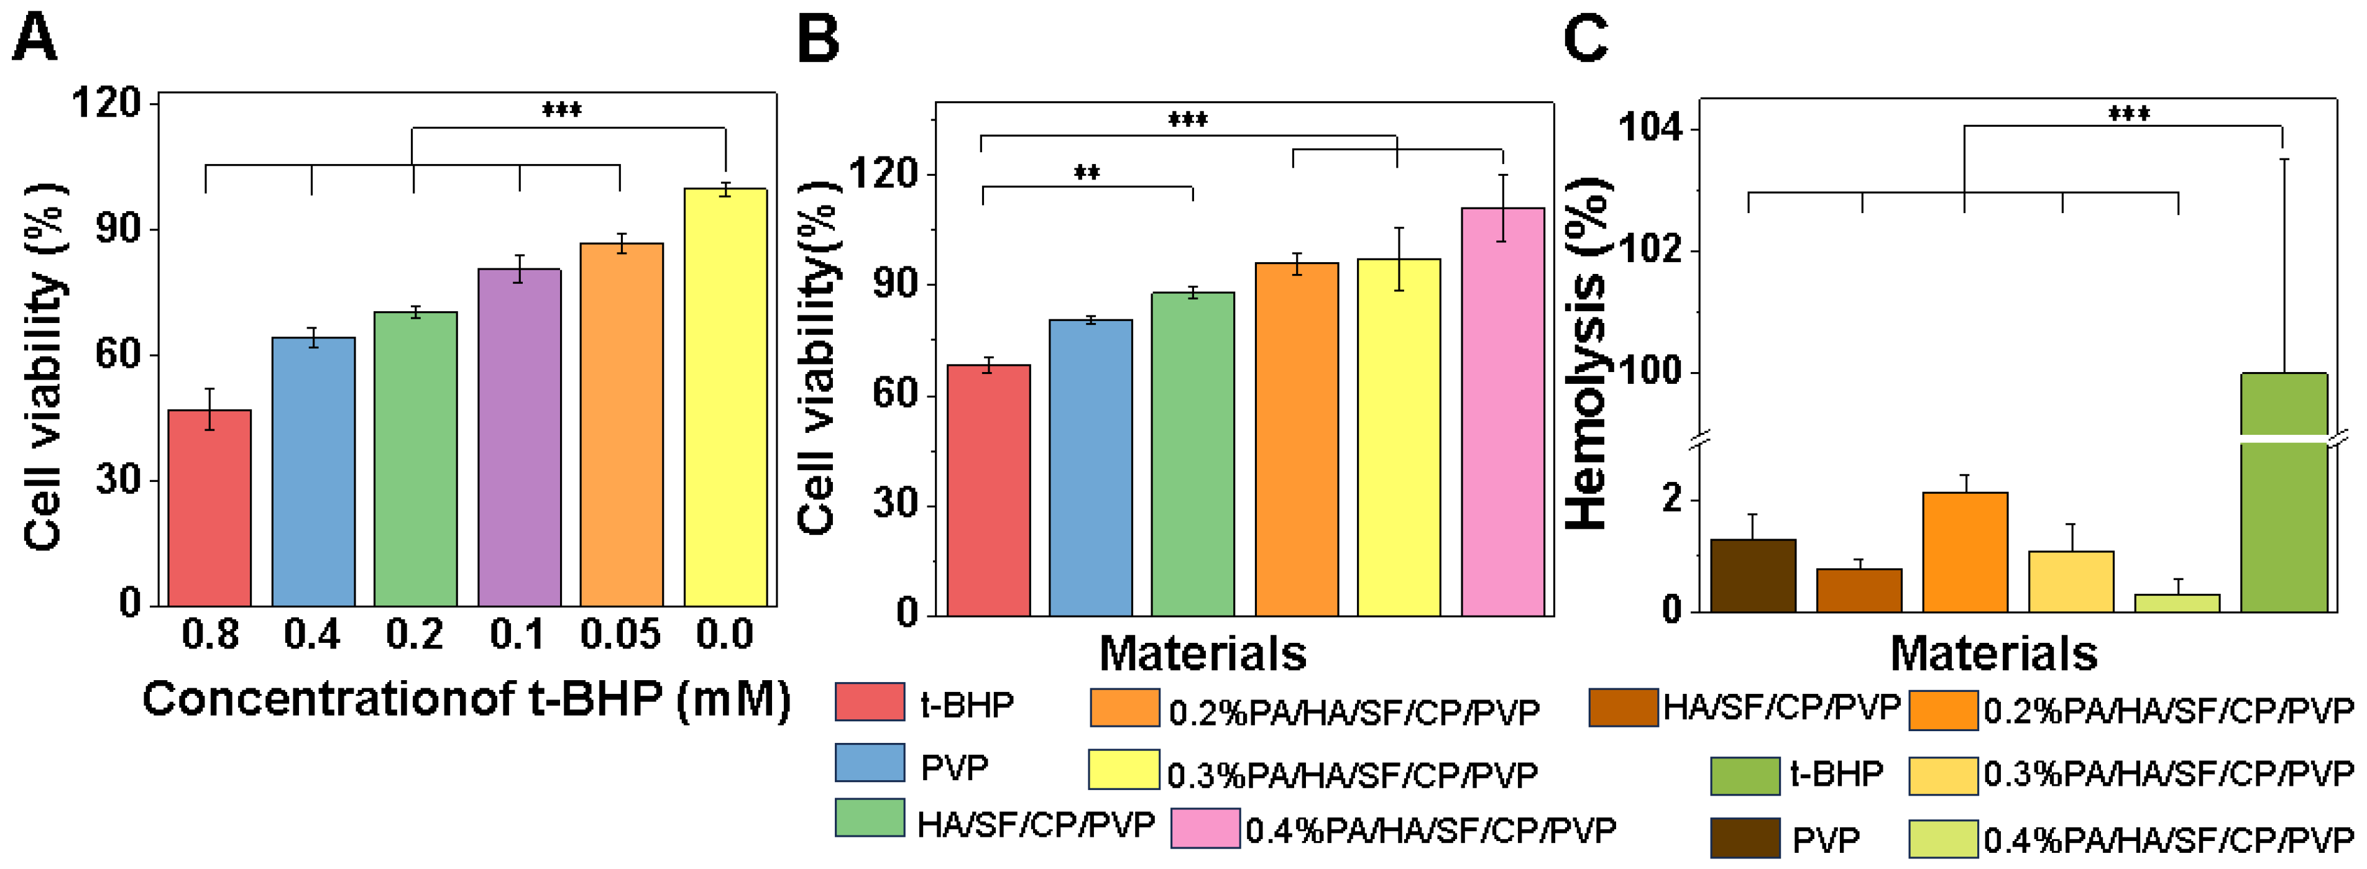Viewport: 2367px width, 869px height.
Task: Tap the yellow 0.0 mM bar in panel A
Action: (x=725, y=397)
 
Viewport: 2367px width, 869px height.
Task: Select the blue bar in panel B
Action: (x=1091, y=468)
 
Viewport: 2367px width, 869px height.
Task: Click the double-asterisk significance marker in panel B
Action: (x=1087, y=173)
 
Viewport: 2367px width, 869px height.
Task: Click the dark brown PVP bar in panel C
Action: (x=1752, y=576)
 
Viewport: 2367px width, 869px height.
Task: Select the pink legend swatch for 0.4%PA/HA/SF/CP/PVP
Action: (x=1205, y=829)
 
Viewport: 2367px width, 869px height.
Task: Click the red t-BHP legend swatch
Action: (x=869, y=703)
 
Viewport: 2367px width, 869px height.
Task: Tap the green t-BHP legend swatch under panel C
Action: (x=1744, y=775)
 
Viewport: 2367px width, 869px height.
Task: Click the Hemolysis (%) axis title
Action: (x=1588, y=353)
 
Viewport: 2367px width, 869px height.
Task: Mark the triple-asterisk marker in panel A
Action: (x=561, y=110)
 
